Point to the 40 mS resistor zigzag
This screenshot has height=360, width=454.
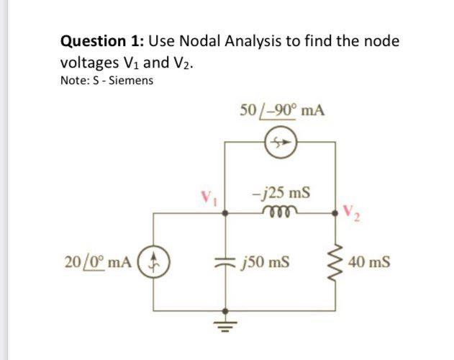[x=335, y=262]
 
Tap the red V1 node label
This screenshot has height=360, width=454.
[x=209, y=196]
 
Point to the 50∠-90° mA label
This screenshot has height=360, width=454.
[x=281, y=112]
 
